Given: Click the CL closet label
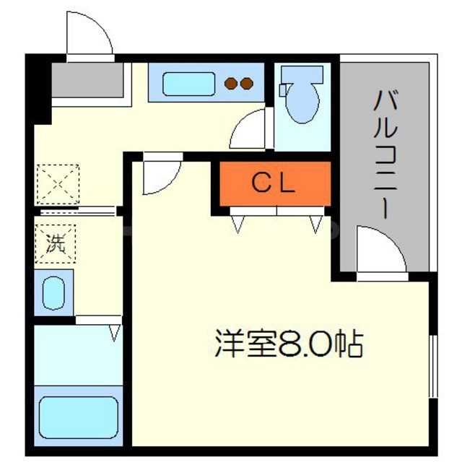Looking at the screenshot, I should pyautogui.click(x=273, y=184).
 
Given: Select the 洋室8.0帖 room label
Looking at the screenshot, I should pyautogui.click(x=288, y=346).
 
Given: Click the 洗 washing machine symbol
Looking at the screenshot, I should pyautogui.click(x=56, y=243).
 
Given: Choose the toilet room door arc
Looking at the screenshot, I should pyautogui.click(x=250, y=129).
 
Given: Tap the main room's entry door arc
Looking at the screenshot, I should pyautogui.click(x=160, y=176).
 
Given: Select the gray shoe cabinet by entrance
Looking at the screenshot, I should pyautogui.click(x=87, y=81).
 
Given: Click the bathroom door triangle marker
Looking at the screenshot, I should pyautogui.click(x=114, y=333).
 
